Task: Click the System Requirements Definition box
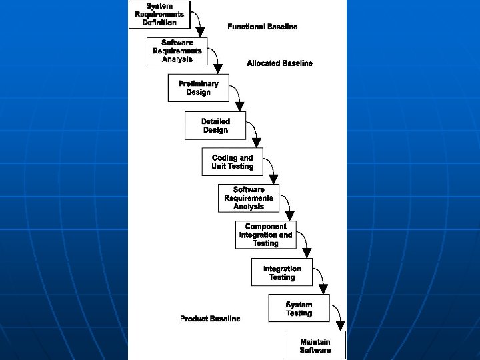[159, 15]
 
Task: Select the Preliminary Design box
[198, 88]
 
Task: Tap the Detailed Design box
[215, 125]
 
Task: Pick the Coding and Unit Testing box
[233, 162]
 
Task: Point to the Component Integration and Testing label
[265, 235]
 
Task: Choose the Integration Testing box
[282, 273]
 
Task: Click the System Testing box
[299, 309]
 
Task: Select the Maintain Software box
[315, 345]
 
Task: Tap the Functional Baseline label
[262, 27]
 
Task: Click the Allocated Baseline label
[279, 63]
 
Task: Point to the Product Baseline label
[210, 319]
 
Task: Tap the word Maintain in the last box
[315, 342]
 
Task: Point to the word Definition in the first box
[159, 22]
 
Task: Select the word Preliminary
[198, 84]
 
